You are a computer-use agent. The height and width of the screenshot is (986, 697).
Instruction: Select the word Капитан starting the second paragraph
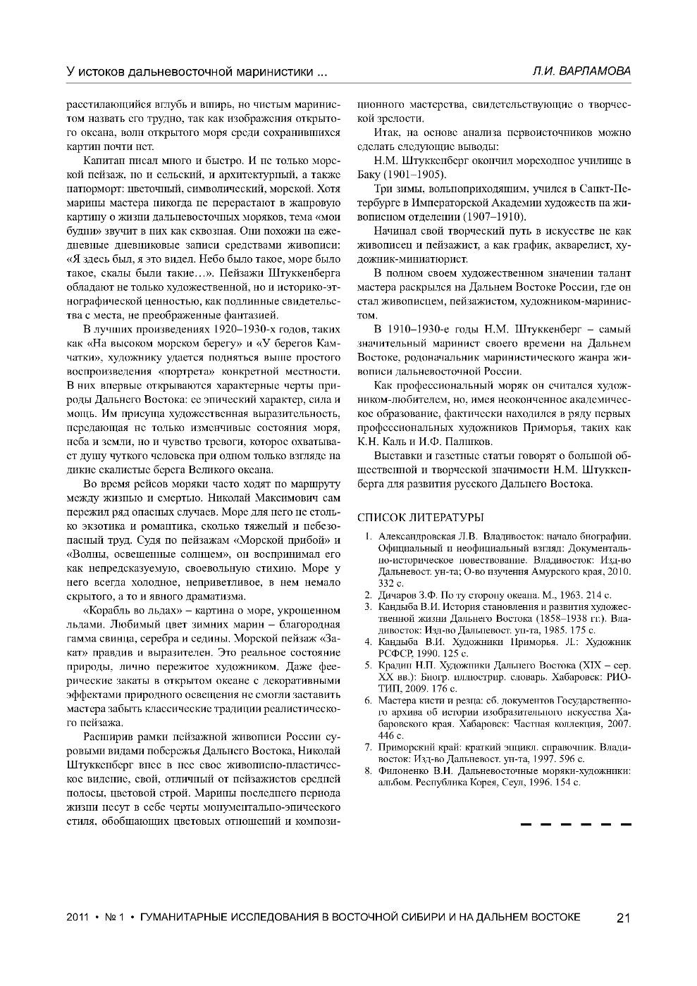pos(101,161)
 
